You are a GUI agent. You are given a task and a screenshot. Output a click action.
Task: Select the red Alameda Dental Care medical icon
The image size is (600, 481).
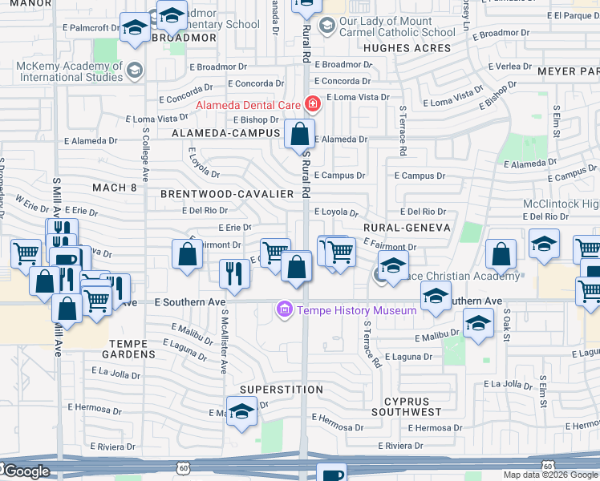point(311,104)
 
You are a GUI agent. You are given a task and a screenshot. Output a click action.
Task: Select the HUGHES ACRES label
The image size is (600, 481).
point(407,48)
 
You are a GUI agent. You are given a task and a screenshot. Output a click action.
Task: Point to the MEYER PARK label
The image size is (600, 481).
point(568,71)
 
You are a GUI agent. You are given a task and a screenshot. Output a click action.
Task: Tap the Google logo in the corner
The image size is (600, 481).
point(26,471)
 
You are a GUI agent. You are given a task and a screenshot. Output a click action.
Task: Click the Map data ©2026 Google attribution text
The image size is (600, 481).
point(550,475)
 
